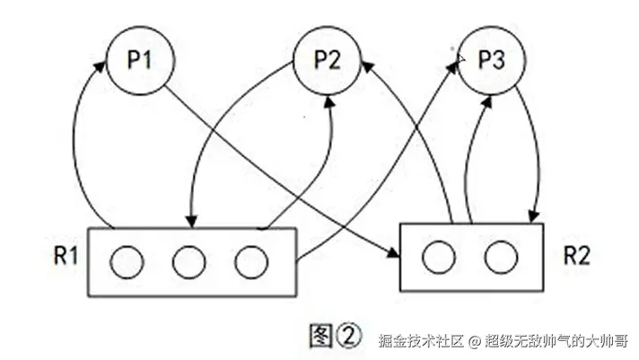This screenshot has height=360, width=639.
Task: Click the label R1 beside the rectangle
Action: coord(65,256)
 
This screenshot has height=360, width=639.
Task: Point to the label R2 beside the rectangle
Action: coord(576,256)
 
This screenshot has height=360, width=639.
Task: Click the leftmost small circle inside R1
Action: coord(127,261)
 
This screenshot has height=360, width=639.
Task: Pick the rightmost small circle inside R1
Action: coord(250,261)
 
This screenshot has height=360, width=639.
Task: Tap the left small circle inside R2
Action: coord(439,258)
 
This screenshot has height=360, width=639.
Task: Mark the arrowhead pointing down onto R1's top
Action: coord(190,221)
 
